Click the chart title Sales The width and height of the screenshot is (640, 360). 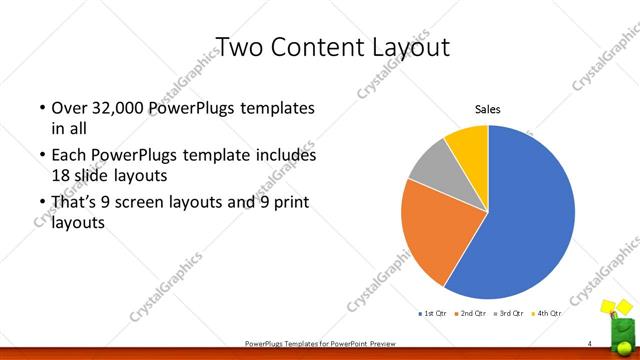(487, 110)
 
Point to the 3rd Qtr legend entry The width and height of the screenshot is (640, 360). (510, 314)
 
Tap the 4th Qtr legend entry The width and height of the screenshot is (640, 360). (546, 314)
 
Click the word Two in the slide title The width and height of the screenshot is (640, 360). (240, 47)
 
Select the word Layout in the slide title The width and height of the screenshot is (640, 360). (409, 47)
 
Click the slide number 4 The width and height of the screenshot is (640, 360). (590, 344)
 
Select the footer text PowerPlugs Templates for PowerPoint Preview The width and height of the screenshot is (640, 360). (320, 344)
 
